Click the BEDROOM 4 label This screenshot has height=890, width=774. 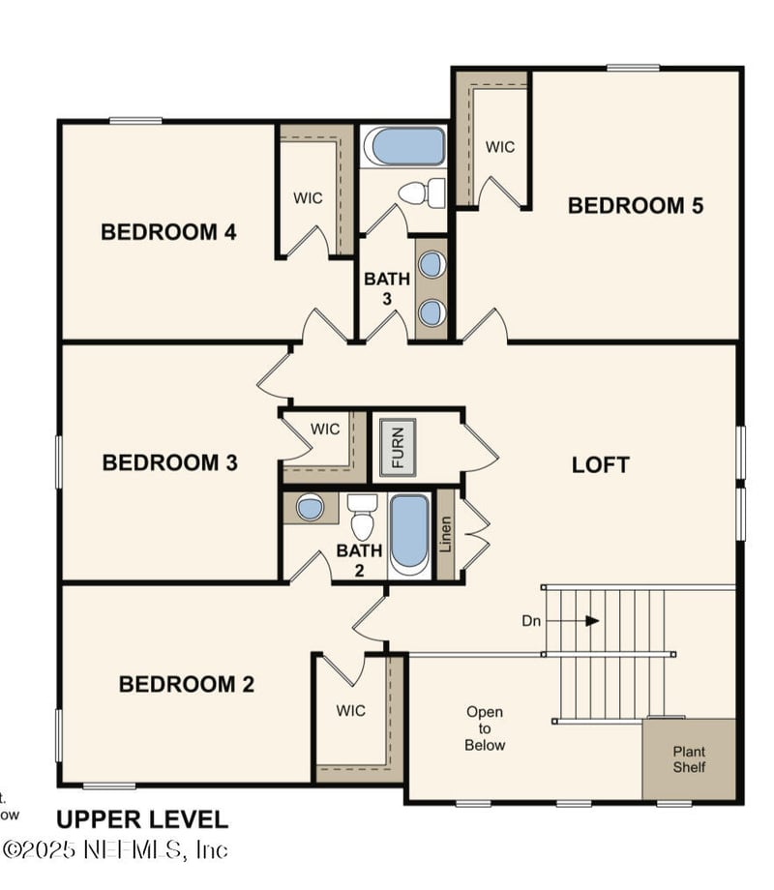pos(169,232)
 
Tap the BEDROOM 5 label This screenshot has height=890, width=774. pos(635,205)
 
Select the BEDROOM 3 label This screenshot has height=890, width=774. pos(169,462)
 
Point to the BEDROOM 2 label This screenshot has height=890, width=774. pos(186,684)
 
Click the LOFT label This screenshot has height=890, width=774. pos(600,464)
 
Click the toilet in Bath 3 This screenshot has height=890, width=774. pos(423,193)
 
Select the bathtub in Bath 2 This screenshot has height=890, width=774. pos(409,533)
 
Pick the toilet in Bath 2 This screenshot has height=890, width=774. pos(362,518)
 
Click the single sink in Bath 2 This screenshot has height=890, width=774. pos(310,508)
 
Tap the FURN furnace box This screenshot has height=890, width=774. pos(397,446)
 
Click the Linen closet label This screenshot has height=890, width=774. pos(445,535)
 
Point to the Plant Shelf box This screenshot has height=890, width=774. pos(689,758)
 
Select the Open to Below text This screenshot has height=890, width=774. pos(484,728)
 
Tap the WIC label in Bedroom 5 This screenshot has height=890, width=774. pos(499,147)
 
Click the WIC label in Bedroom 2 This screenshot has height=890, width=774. pos(351,710)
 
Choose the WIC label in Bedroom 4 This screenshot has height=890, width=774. pos(308,197)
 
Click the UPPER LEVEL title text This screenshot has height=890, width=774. pos(142,819)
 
